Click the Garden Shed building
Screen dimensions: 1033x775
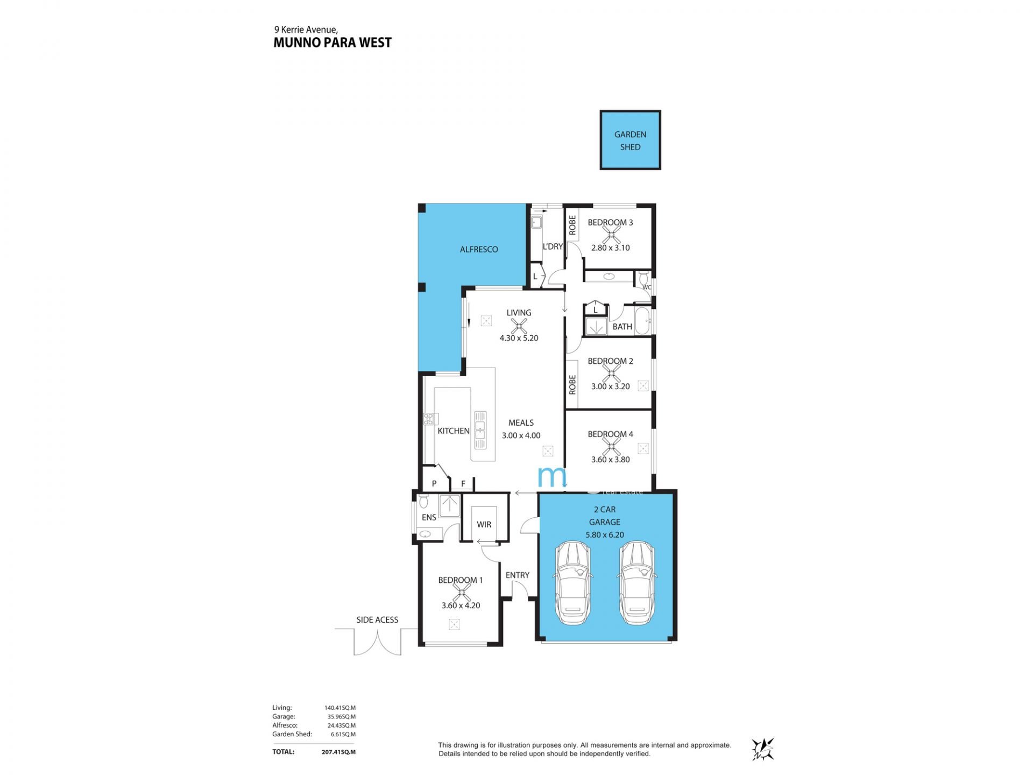(x=630, y=140)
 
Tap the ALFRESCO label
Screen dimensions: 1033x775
(x=479, y=250)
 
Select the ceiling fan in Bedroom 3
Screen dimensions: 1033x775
(x=611, y=234)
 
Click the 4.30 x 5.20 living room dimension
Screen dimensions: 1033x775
(x=519, y=339)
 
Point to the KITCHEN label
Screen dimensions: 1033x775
(x=454, y=431)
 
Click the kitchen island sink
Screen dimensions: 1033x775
(x=480, y=430)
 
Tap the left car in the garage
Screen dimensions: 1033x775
(x=573, y=583)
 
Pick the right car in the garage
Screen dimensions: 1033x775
(x=636, y=583)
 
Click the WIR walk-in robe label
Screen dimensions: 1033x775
(x=484, y=525)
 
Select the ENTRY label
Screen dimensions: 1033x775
(x=518, y=575)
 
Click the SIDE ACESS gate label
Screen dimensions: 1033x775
(x=377, y=620)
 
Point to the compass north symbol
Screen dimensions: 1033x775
(x=763, y=749)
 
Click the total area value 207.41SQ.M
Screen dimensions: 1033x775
(x=338, y=752)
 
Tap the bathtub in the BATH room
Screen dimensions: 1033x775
(x=643, y=321)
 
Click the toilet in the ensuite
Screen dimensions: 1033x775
(x=423, y=502)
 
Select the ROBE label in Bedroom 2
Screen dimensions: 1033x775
(x=572, y=385)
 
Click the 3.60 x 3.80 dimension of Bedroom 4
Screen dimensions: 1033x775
(x=611, y=460)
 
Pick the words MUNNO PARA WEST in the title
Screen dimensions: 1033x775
(x=332, y=43)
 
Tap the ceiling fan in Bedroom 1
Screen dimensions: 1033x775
(x=461, y=593)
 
